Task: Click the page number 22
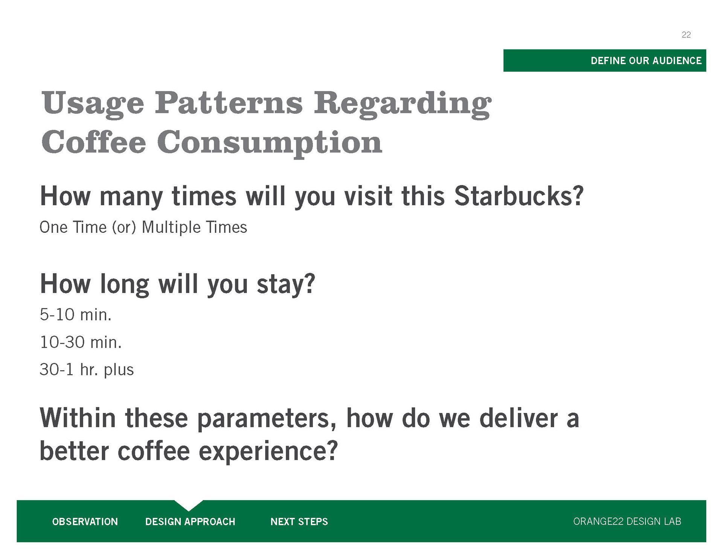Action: click(x=686, y=35)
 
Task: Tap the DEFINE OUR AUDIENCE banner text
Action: click(x=646, y=61)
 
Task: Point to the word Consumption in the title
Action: click(x=270, y=144)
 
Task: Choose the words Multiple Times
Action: click(x=194, y=228)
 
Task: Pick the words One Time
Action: click(x=73, y=227)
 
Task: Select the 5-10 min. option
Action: click(x=76, y=315)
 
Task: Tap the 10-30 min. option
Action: click(x=81, y=342)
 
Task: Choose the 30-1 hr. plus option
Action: click(x=87, y=370)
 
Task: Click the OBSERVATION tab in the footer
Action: click(x=85, y=522)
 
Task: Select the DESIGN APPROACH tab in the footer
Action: click(x=190, y=522)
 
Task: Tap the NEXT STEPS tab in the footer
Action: click(x=299, y=522)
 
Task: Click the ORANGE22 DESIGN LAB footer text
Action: click(x=627, y=521)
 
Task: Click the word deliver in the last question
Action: click(x=519, y=418)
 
